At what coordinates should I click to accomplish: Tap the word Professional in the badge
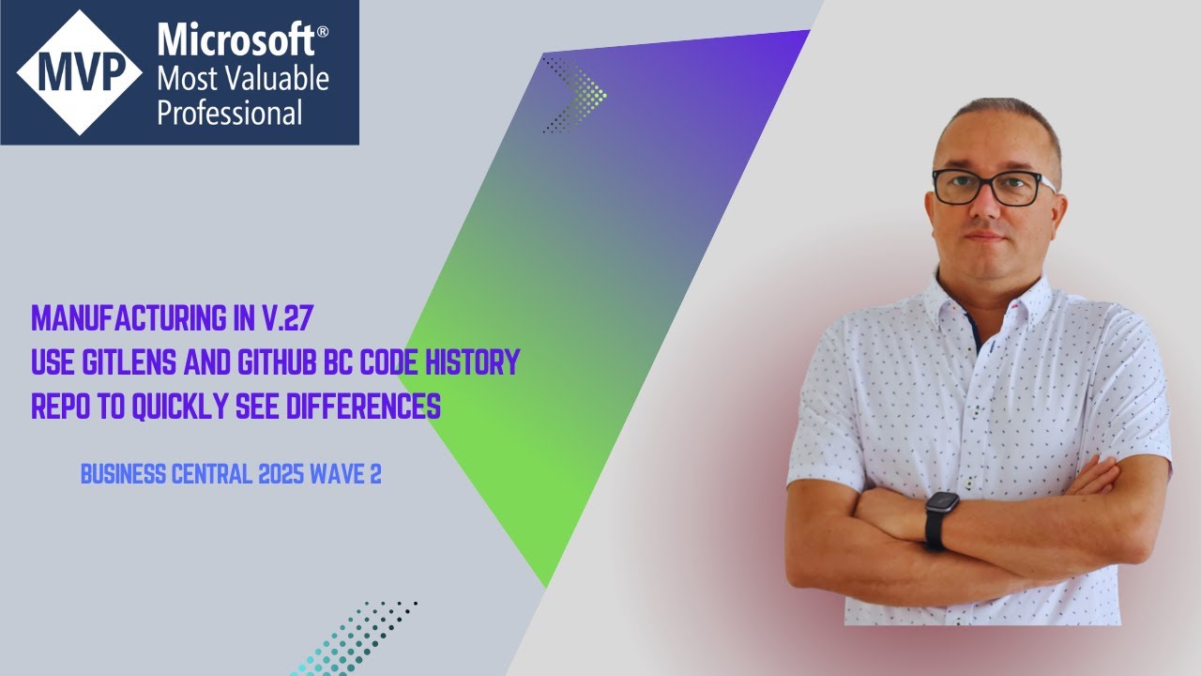[230, 114]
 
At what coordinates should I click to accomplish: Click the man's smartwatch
[942, 518]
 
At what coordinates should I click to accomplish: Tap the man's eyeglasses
[993, 187]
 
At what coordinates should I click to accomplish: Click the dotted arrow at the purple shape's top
[574, 93]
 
